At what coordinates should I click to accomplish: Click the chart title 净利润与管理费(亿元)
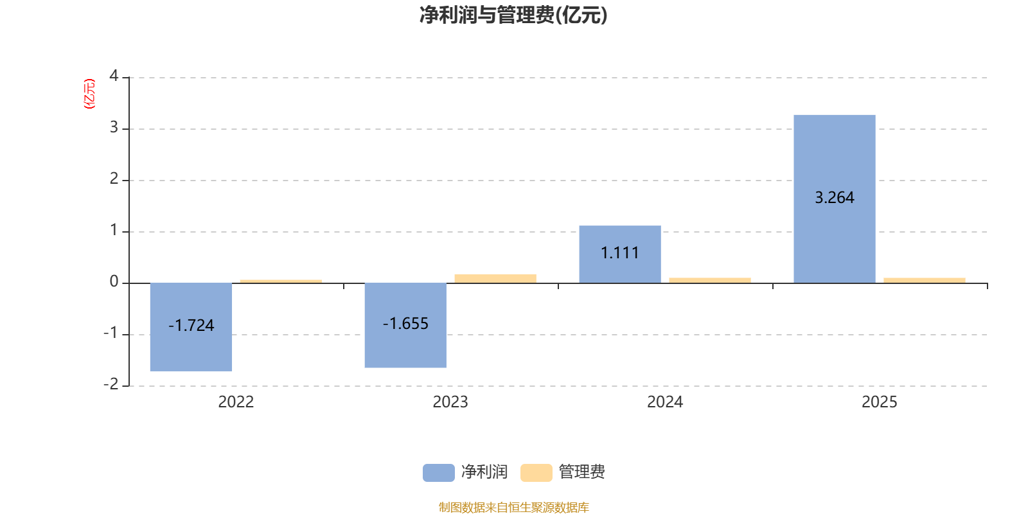513,15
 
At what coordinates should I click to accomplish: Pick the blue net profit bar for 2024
619,270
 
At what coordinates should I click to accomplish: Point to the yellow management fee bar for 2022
280,281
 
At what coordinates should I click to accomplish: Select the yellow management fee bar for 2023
495,278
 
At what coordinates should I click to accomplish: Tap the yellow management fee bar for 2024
709,280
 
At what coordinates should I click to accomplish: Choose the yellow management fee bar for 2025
924,280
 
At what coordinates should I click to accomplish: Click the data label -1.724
191,325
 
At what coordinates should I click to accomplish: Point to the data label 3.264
834,197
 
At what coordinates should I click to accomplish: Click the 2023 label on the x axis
450,402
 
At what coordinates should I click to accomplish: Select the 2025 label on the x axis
879,402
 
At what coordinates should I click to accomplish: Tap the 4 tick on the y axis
114,76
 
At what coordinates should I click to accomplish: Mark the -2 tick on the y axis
111,384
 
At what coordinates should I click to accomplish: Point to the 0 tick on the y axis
114,282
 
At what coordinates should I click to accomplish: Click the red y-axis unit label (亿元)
89,94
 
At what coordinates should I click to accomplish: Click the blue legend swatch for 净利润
438,472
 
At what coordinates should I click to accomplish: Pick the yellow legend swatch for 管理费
536,472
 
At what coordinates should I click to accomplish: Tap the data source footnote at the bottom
513,507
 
